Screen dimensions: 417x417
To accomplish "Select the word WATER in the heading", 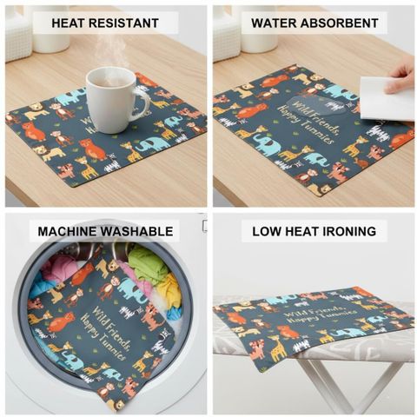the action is point(273,23).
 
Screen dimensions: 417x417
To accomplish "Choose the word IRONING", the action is point(347,231).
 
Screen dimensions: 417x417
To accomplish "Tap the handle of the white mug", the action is point(142,103).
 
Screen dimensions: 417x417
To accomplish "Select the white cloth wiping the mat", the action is point(387,98).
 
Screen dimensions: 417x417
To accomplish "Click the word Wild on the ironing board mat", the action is point(293,314).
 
